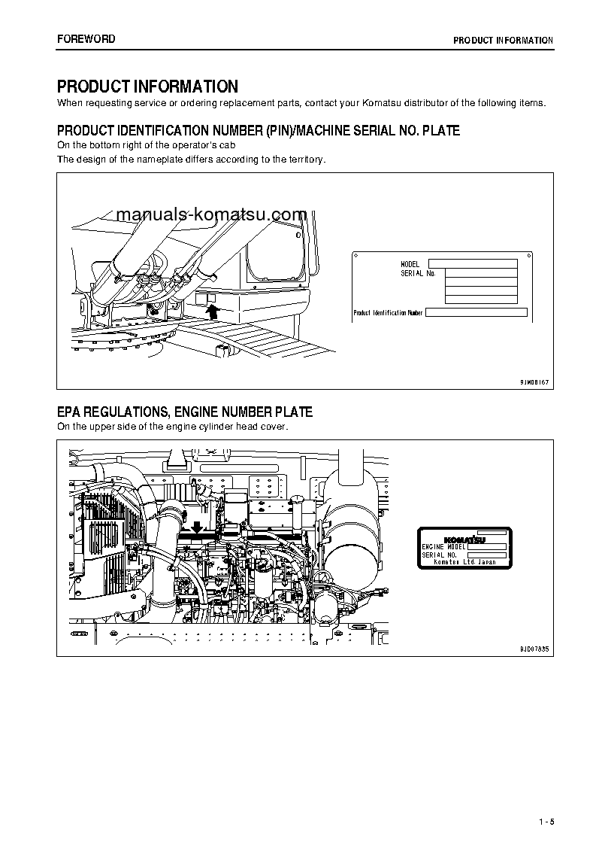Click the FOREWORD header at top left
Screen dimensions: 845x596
(86, 39)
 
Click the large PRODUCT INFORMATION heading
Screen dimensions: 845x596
(147, 87)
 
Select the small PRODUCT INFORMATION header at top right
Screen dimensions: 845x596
(503, 41)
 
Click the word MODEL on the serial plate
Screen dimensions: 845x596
(410, 265)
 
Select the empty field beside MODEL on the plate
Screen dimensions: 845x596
(472, 264)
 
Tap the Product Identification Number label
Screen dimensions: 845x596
(388, 312)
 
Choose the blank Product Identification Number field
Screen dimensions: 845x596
(476, 312)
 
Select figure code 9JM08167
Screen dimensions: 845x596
(534, 382)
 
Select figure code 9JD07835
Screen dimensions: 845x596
(534, 649)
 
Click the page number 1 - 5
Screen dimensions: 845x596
(546, 820)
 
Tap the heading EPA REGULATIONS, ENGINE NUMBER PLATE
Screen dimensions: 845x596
(185, 412)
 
